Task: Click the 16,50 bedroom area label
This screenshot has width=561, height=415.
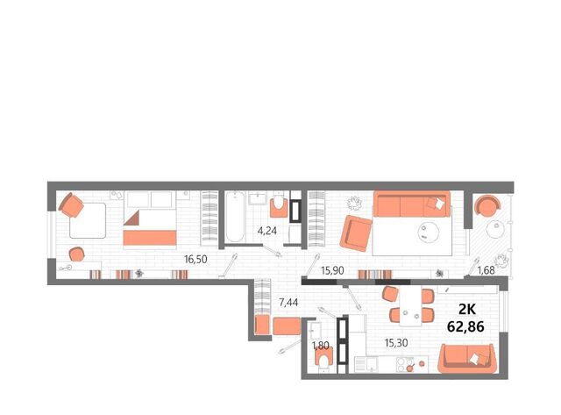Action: [195, 259]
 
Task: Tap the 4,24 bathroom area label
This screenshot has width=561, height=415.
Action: [267, 231]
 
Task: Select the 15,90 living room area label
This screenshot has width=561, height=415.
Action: [332, 270]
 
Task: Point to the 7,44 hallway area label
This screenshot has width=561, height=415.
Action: [288, 303]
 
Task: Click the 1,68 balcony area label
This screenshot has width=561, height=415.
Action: [486, 270]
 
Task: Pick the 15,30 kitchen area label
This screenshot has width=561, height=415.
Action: [396, 343]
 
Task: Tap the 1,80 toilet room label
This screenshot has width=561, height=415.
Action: [320, 346]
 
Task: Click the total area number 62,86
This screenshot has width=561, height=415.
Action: [465, 326]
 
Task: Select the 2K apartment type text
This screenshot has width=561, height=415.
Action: [467, 309]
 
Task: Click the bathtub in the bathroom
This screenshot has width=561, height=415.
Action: [236, 217]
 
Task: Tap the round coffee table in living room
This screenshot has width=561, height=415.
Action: [429, 232]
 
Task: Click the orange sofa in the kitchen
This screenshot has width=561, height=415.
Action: [467, 359]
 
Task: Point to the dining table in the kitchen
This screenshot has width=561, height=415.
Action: [410, 305]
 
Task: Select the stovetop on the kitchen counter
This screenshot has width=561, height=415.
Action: [405, 365]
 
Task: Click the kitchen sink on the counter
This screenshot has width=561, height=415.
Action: [366, 365]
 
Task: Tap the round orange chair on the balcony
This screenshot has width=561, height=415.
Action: [487, 205]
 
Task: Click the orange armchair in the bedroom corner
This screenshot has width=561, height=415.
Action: [72, 205]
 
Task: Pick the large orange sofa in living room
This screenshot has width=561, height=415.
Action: [411, 204]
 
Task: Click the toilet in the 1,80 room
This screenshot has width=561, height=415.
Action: [324, 357]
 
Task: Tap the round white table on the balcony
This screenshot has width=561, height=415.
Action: [496, 229]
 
